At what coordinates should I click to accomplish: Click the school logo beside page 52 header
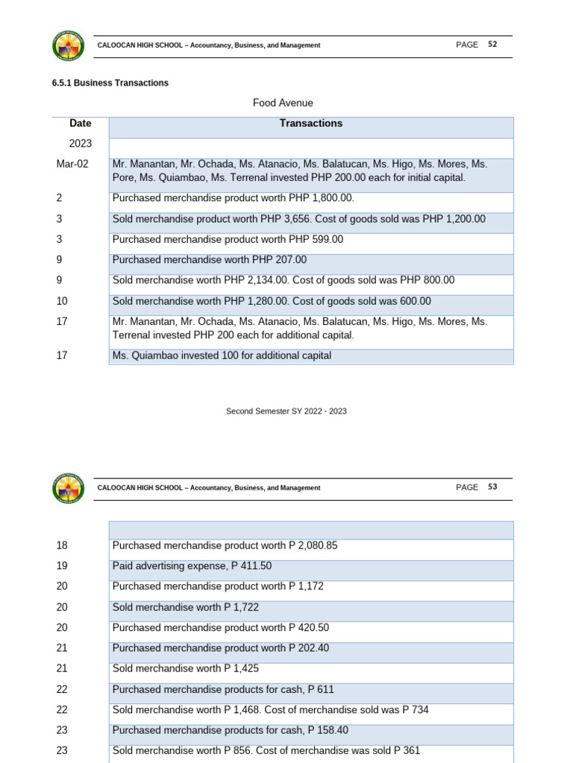point(69,45)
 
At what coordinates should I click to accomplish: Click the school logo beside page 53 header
point(69,488)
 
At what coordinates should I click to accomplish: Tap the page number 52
point(492,45)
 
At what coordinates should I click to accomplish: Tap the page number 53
point(492,487)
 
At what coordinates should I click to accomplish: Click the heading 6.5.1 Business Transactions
point(110,83)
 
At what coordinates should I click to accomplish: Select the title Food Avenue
point(283,103)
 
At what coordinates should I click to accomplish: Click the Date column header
point(80,124)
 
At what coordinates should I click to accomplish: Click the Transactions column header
point(310,124)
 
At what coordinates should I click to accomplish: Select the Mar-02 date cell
point(72,164)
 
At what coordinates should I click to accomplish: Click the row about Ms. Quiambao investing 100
point(221,356)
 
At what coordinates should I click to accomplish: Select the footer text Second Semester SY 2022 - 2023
point(286,411)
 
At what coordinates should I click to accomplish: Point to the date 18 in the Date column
point(61,545)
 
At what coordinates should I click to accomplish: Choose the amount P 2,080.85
point(313,545)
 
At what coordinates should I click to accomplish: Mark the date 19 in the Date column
point(61,566)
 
